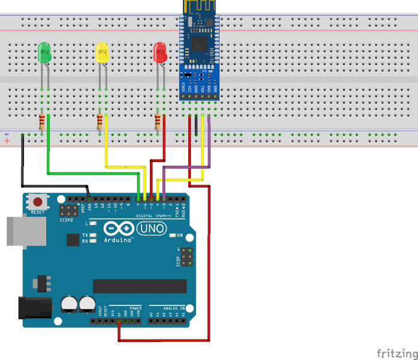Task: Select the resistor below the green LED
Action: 42,122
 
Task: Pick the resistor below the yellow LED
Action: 100,122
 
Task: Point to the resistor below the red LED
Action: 158,122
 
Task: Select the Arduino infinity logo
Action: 118,229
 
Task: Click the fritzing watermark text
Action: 396,352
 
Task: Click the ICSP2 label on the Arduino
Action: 66,220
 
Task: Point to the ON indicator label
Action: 179,235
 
